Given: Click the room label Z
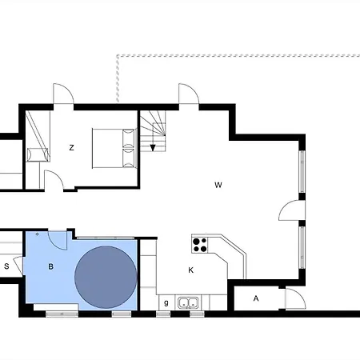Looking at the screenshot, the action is tap(71, 147).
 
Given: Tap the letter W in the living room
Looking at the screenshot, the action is tap(218, 185).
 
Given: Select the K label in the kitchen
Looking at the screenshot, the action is tap(190, 270).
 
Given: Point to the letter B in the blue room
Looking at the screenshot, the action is tap(50, 266).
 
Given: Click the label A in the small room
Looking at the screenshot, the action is tap(256, 298).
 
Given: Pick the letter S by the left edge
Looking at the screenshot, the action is tap(6, 266).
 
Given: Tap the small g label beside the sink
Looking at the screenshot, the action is tap(166, 302).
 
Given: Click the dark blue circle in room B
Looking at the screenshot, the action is tap(106, 277).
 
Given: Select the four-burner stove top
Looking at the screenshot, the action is tap(200, 245).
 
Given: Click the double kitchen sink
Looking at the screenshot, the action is tap(189, 302).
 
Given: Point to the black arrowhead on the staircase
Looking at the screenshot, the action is tap(153, 148).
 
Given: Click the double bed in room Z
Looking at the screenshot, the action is tap(114, 148).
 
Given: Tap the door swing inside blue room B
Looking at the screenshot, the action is tap(58, 240).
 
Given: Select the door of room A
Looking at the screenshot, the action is tap(295, 298).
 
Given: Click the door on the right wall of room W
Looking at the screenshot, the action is tap(292, 210).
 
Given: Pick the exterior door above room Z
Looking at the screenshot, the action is tap(63, 94).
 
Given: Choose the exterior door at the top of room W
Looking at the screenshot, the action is tap(189, 94).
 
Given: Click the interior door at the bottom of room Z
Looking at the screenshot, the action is tap(54, 180).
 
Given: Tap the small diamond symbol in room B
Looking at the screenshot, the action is tap(37, 234).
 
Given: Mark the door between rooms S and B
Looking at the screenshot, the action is tap(18, 266).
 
